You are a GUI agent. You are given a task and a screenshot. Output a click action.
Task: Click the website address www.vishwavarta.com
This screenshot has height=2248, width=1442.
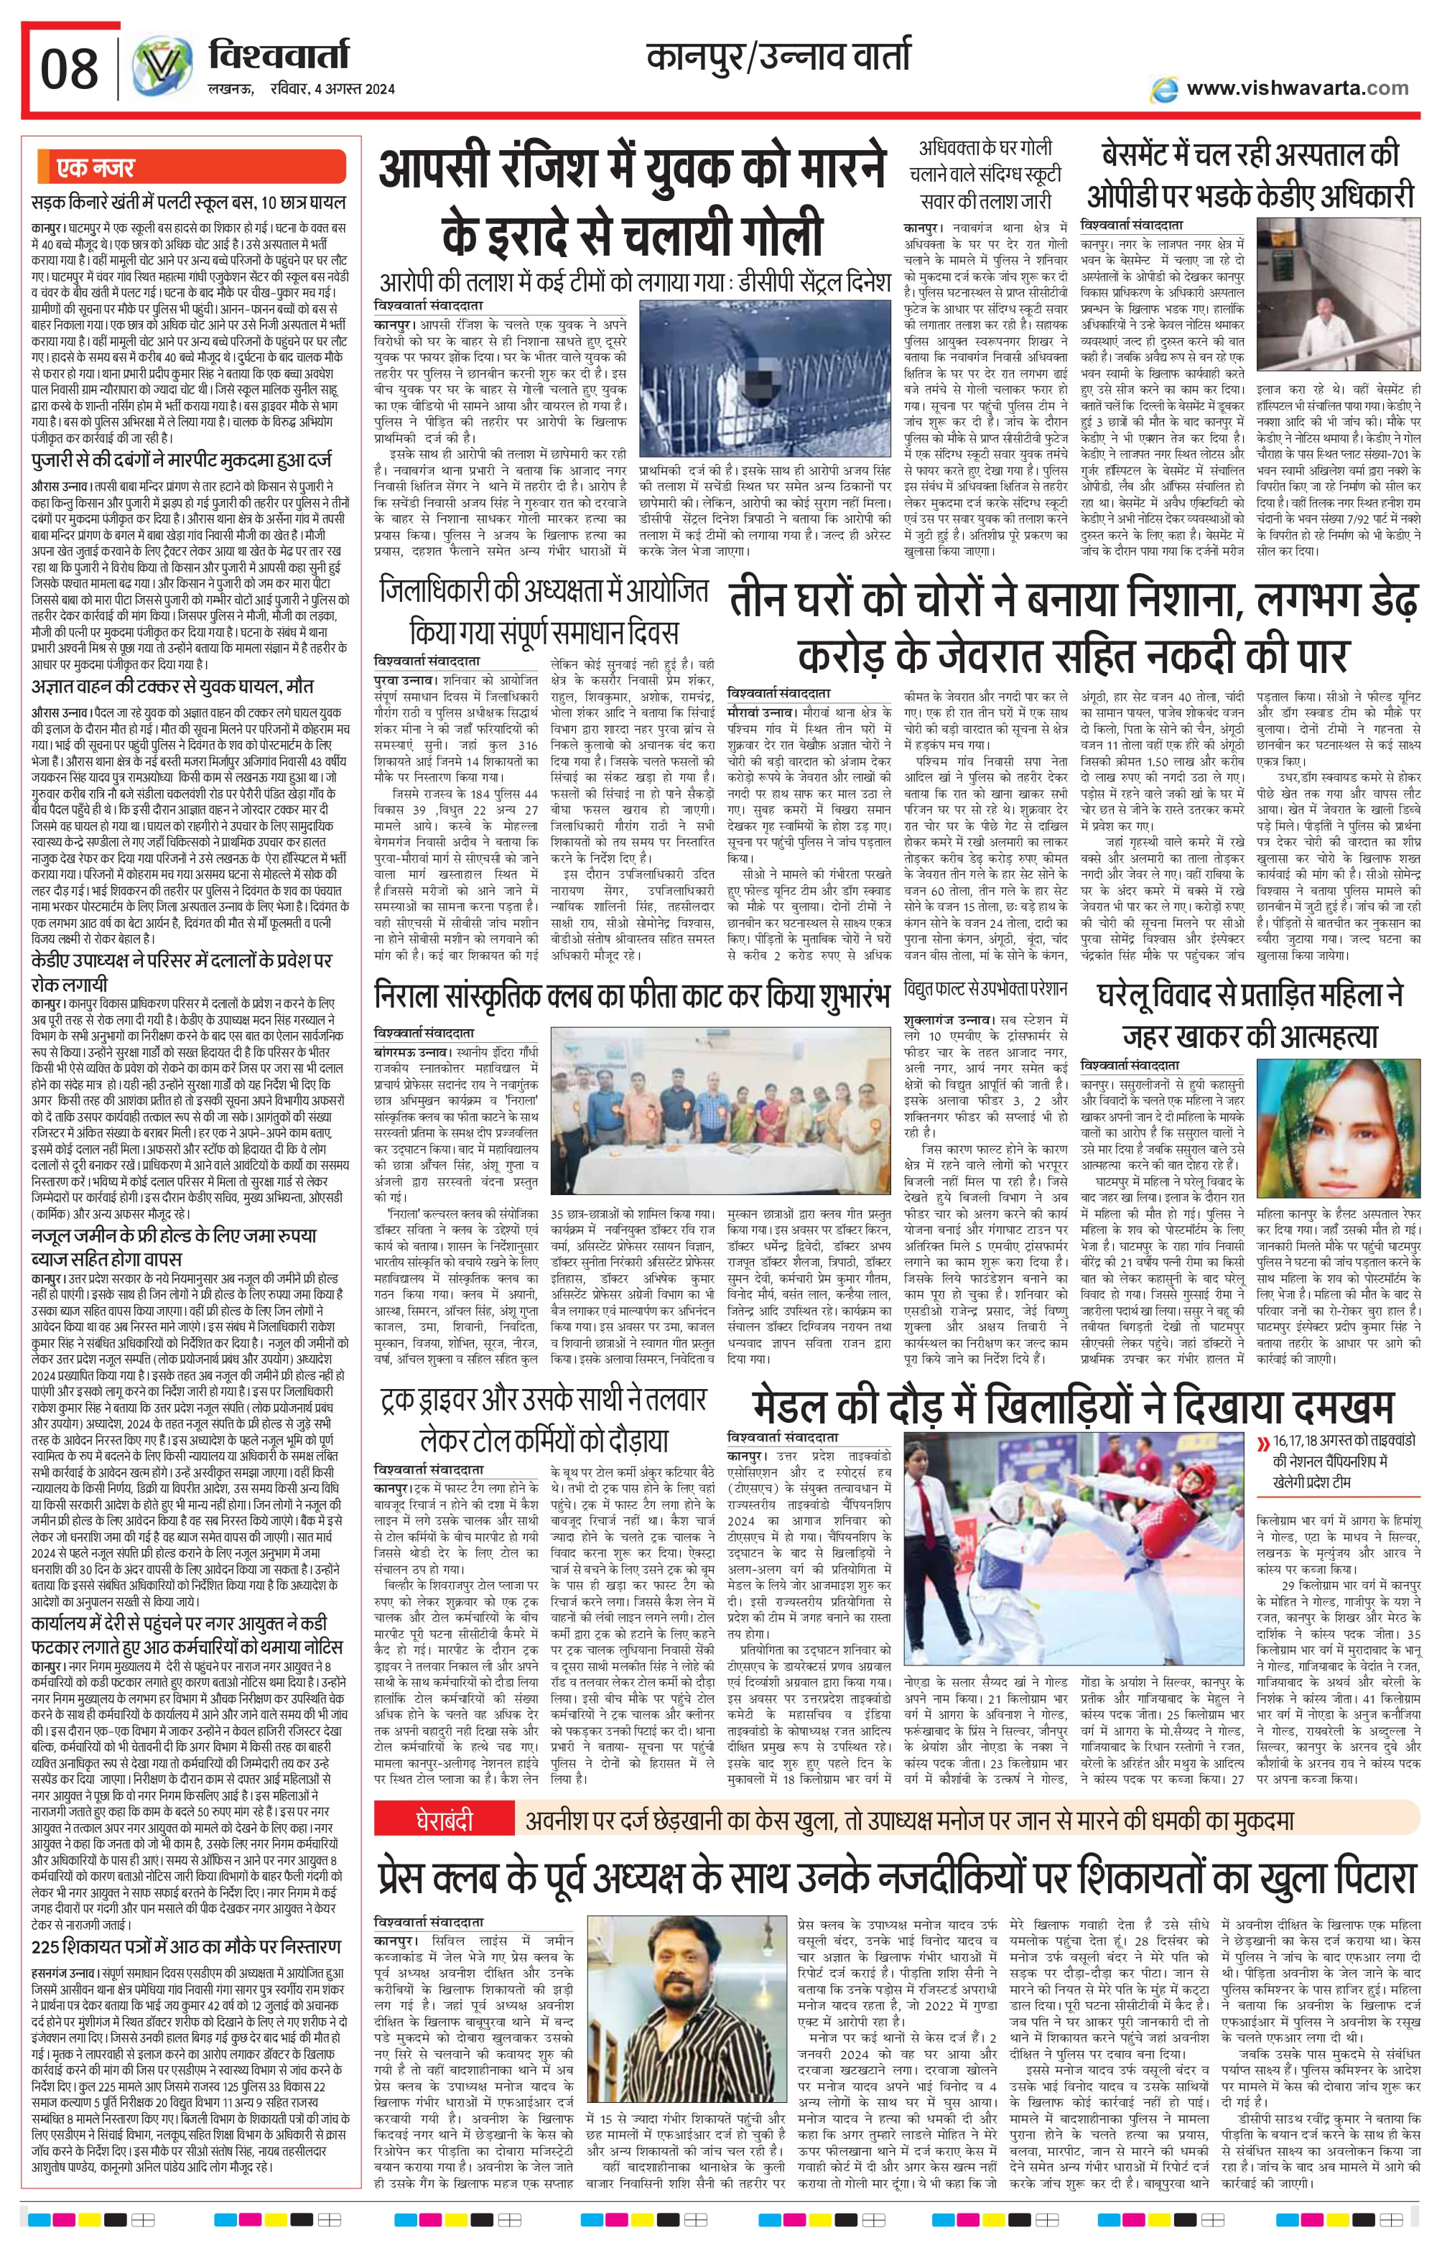tap(1297, 88)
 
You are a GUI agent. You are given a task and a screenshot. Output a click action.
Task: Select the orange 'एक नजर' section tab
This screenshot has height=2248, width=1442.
tap(96, 169)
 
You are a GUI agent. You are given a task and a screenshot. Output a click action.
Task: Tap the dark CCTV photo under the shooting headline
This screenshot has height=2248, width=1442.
tap(764, 378)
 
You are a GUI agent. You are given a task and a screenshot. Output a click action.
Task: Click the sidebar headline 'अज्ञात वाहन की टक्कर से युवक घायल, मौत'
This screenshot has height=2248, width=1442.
tap(172, 687)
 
